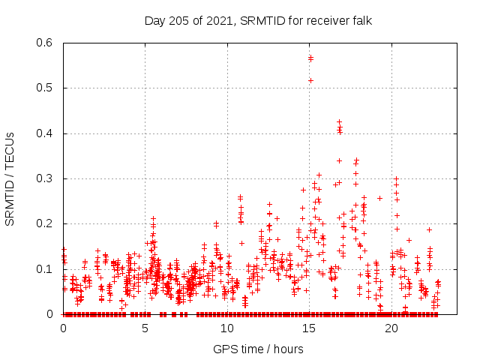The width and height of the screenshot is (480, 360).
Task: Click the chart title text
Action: tap(258, 20)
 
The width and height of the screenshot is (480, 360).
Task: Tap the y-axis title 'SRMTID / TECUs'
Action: tap(10, 178)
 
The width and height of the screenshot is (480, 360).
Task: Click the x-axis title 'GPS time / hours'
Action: tap(258, 349)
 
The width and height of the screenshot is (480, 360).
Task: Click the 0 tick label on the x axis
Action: tap(63, 328)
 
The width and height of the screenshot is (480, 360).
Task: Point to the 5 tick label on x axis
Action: tap(145, 328)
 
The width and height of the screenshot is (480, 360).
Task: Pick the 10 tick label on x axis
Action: tap(227, 328)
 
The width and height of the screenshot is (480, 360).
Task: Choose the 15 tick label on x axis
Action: tap(310, 328)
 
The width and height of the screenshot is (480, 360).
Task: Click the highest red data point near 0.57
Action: tap(310, 57)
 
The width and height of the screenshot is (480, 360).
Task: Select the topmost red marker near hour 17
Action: tap(339, 121)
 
